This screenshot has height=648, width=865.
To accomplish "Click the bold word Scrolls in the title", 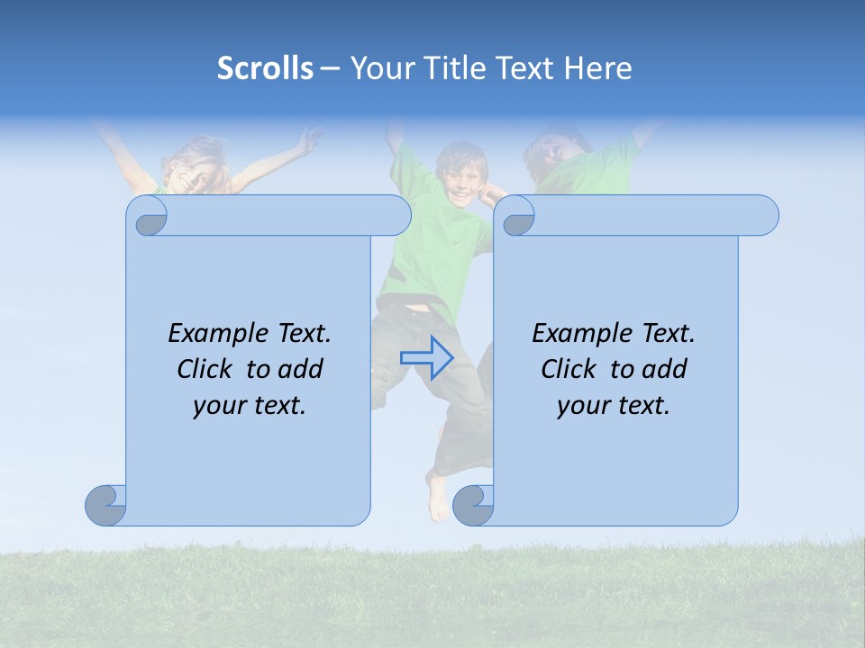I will pyautogui.click(x=265, y=68).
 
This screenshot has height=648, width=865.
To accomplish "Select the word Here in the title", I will pyautogui.click(x=597, y=68).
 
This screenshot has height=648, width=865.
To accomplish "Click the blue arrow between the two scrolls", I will pyautogui.click(x=426, y=357).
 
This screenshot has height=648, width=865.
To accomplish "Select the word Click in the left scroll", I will pyautogui.click(x=205, y=369).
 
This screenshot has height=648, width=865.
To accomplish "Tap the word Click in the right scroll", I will pyautogui.click(x=569, y=369).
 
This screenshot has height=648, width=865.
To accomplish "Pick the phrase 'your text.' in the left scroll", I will pyautogui.click(x=250, y=405).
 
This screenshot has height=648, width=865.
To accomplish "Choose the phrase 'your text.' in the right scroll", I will pyautogui.click(x=614, y=405).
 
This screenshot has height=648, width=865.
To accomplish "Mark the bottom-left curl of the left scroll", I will pyautogui.click(x=106, y=505).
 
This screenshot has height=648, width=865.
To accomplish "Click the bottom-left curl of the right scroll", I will pyautogui.click(x=473, y=505).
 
